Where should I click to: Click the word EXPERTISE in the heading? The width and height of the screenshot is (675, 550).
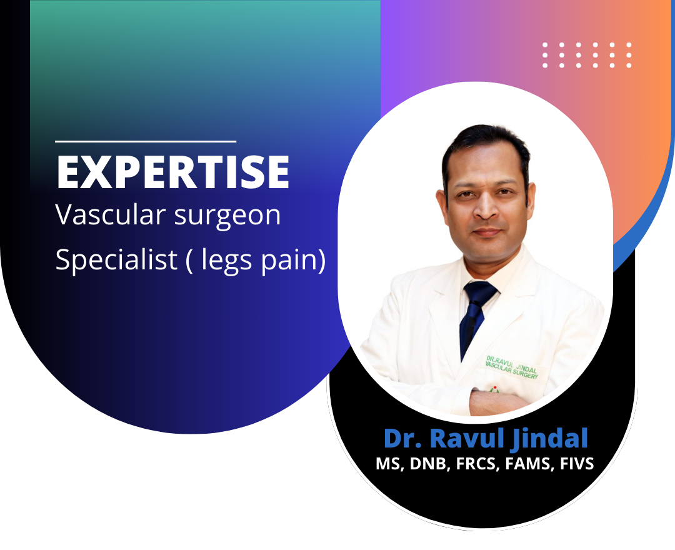pyautogui.click(x=172, y=172)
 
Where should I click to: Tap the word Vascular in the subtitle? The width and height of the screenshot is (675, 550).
pyautogui.click(x=111, y=214)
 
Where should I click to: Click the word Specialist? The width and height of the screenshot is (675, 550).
pyautogui.click(x=117, y=259)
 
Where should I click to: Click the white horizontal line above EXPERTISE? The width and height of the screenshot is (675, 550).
pyautogui.click(x=146, y=141)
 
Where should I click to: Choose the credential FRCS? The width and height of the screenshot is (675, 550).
pyautogui.click(x=477, y=464)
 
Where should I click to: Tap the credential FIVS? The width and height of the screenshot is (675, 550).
pyautogui.click(x=577, y=464)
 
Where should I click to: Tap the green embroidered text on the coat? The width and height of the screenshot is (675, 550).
pyautogui.click(x=512, y=367)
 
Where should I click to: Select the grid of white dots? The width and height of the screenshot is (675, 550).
pyautogui.click(x=587, y=55)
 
